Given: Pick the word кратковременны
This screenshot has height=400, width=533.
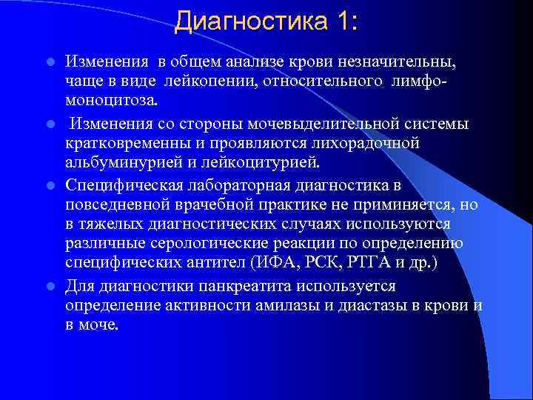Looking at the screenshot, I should [124, 142].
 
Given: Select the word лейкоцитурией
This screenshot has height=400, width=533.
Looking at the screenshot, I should [240, 162].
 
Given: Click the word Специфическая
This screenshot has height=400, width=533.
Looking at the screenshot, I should [118, 183].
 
